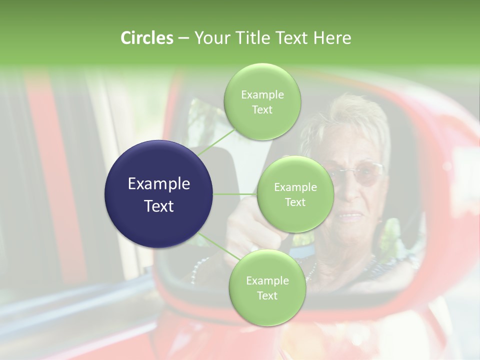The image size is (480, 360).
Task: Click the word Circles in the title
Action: (x=146, y=38)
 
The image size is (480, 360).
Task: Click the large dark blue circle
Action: (x=158, y=194)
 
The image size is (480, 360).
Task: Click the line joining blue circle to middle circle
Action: (x=235, y=194)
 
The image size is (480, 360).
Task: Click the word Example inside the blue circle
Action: (x=158, y=184)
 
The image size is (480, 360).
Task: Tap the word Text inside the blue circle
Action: (x=158, y=206)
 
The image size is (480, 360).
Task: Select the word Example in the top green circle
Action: (x=262, y=95)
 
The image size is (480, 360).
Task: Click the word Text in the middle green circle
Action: (x=295, y=202)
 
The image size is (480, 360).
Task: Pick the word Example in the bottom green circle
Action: (x=267, y=281)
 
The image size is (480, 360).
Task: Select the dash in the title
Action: (x=183, y=38)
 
